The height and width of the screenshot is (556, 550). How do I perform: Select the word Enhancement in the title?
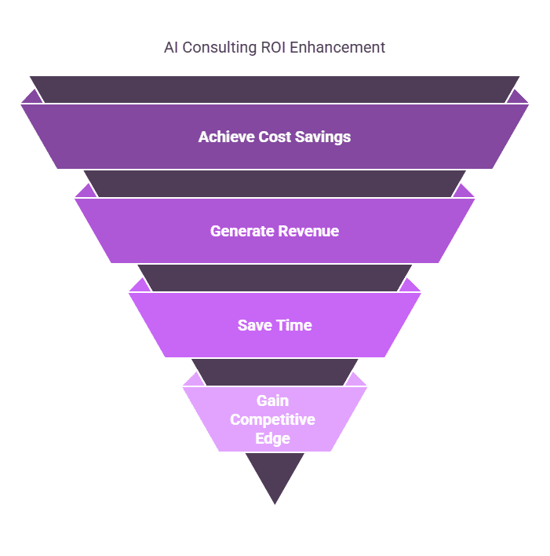(337, 48)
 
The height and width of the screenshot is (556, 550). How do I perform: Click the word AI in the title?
(172, 48)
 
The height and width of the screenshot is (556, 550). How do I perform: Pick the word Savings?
(322, 137)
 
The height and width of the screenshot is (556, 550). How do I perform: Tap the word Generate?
(242, 231)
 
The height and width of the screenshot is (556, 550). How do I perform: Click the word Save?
(255, 325)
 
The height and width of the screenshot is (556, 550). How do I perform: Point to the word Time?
(294, 325)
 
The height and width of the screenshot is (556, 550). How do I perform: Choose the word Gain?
(274, 401)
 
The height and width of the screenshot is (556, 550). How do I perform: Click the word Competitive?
(274, 419)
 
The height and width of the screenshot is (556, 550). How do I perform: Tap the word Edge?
(274, 438)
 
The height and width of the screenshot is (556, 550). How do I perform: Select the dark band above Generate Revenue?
(275, 184)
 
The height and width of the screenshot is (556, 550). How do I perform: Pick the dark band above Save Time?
(275, 278)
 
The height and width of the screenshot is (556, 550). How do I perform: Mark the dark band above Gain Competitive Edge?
(275, 372)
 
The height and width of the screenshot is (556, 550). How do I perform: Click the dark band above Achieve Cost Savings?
(275, 90)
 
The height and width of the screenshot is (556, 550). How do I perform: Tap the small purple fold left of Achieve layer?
(31, 98)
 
